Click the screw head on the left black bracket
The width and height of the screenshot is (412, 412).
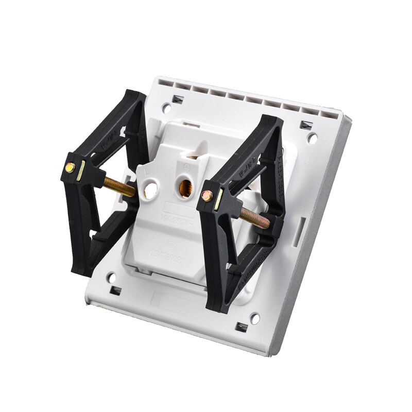coord(69,168)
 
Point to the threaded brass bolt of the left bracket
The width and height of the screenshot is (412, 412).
coord(119,186)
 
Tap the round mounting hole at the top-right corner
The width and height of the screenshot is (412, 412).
coord(312,138)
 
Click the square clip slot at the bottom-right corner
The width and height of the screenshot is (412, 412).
coord(241,328)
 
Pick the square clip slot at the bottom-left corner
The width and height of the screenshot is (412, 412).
coord(115,291)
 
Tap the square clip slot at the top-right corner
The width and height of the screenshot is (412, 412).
coord(306,125)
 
